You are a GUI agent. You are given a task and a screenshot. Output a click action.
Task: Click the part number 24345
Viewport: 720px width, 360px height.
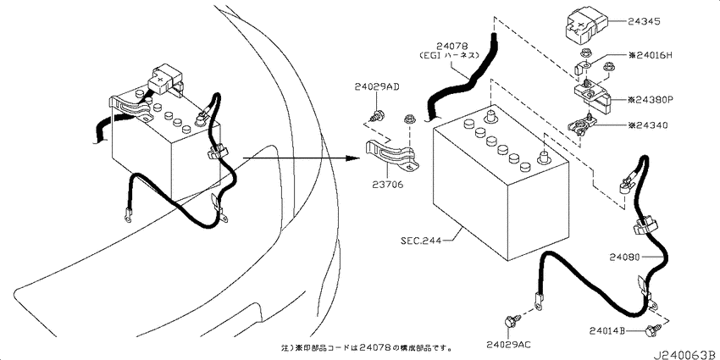(x=644, y=21)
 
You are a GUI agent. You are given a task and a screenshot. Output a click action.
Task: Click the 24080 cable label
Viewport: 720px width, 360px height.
(x=625, y=258)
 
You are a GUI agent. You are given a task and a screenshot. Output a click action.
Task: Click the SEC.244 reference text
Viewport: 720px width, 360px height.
(x=421, y=241)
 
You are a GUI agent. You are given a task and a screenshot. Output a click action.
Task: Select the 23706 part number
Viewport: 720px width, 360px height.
(x=389, y=185)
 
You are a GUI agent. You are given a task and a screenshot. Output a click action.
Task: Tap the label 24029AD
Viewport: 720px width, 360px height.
(x=377, y=86)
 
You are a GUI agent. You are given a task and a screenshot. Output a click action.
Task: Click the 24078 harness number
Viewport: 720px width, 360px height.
(x=451, y=46)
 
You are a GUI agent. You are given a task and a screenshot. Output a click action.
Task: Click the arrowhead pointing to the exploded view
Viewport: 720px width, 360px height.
(x=352, y=158)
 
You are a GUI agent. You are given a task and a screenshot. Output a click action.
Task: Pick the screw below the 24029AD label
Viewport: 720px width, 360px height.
(x=378, y=115)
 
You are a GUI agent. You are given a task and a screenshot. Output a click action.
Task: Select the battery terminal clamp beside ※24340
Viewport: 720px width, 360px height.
(x=581, y=125)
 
